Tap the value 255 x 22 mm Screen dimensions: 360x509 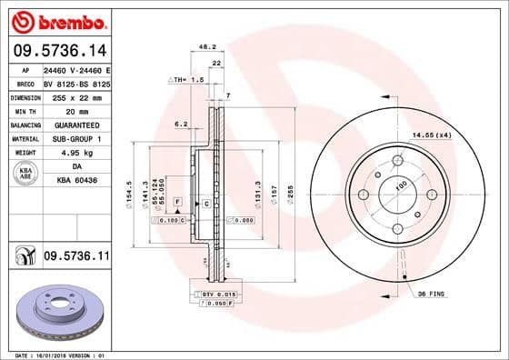(x=75, y=96)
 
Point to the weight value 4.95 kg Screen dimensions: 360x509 (x=75, y=153)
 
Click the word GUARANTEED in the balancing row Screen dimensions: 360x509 (x=75, y=125)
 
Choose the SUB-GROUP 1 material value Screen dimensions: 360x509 (x=75, y=138)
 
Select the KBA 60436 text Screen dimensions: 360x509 (x=75, y=181)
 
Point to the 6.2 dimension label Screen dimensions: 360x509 (x=180, y=123)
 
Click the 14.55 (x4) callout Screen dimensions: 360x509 (x=432, y=135)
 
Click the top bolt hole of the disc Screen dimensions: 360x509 (x=397, y=162)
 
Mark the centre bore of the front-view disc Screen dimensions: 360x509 (x=397, y=195)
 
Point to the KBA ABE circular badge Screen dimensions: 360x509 (x=24, y=174)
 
